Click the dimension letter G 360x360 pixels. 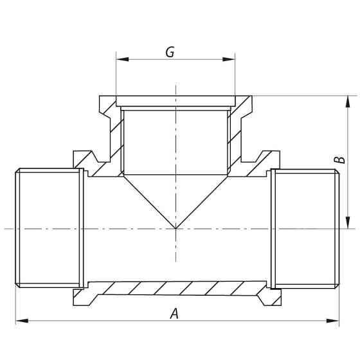click(x=170, y=52)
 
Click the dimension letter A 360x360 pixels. click(x=174, y=314)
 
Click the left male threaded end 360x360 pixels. click(x=48, y=228)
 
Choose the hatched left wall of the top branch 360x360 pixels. click(x=112, y=138)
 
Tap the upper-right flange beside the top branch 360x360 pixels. click(x=269, y=157)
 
